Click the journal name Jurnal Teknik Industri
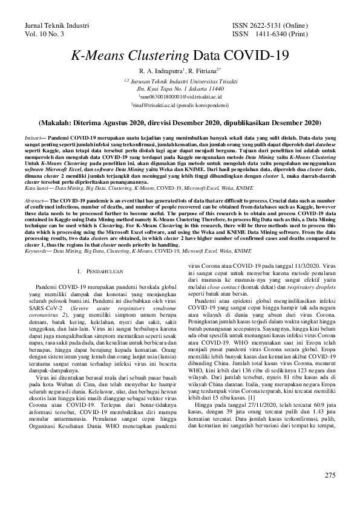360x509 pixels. (57, 26)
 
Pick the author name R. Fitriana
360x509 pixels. (206, 71)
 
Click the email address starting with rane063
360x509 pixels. (180, 96)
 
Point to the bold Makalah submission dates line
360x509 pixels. (180, 122)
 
